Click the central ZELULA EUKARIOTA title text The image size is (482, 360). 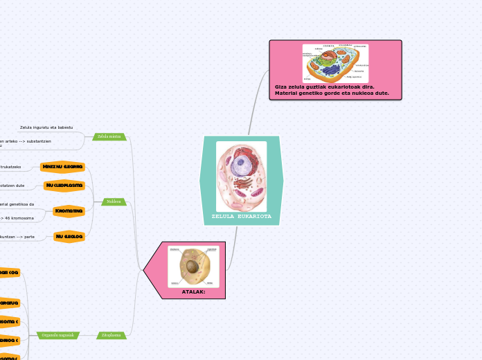point(241,217)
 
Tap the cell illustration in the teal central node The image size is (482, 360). point(241,177)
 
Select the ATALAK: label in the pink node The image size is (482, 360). point(193,291)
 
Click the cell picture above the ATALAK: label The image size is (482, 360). point(193,267)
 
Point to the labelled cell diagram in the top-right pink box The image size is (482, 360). point(335,63)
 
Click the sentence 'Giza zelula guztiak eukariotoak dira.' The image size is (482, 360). point(325,87)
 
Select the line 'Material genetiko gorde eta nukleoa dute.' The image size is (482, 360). point(332,93)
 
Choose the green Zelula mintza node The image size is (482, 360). point(109,136)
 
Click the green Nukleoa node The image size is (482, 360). point(114,201)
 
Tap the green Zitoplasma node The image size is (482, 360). point(111,335)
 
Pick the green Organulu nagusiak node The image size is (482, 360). point(57,335)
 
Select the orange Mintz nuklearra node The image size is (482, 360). point(62,167)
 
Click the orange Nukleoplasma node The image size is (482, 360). point(64,186)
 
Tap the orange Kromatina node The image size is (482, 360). point(69,210)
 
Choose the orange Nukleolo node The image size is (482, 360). point(69,237)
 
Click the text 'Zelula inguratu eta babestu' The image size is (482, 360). point(46,127)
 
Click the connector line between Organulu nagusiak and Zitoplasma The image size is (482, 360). point(88,335)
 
